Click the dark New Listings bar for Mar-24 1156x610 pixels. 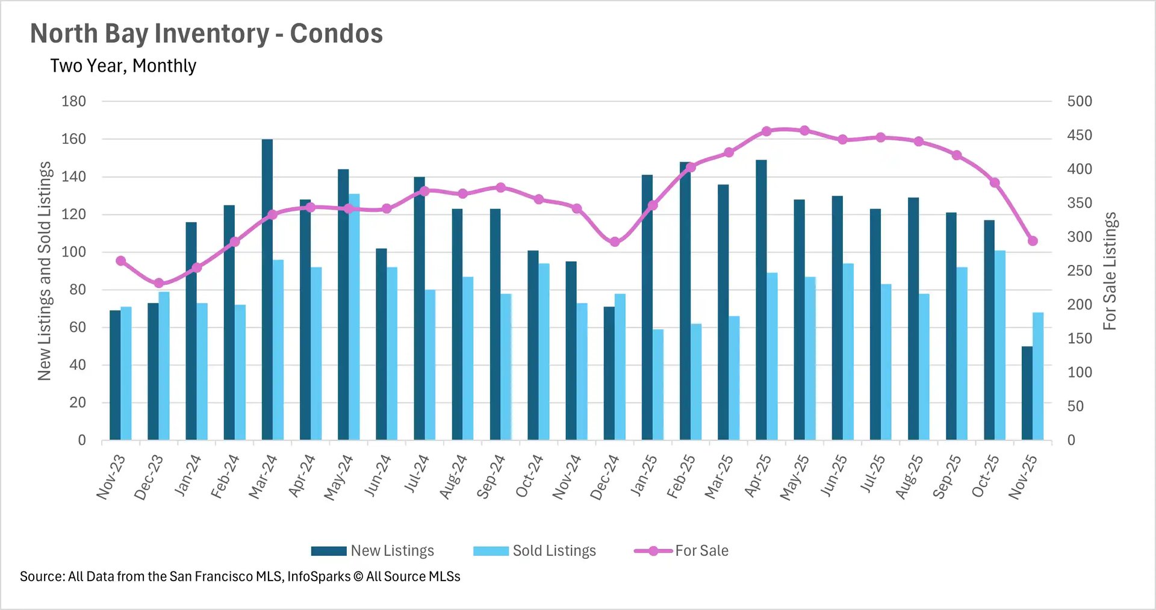pos(267,289)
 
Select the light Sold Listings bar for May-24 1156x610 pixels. pos(354,317)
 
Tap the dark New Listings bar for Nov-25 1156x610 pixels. pos(1027,393)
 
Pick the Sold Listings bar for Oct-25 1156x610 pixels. pos(999,345)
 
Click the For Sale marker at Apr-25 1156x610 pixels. pos(766,131)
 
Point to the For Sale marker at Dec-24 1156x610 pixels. pos(615,242)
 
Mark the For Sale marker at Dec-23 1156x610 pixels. pos(159,283)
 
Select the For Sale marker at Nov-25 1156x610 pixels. pos(1033,241)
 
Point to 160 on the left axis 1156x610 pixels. pos(73,139)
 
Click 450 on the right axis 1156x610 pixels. pos(1079,135)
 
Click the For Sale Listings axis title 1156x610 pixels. pos(1109,271)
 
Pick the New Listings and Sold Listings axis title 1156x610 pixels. pos(45,271)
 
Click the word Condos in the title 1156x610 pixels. pos(336,34)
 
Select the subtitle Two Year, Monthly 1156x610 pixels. pos(123,66)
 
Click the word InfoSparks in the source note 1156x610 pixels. pos(319,576)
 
